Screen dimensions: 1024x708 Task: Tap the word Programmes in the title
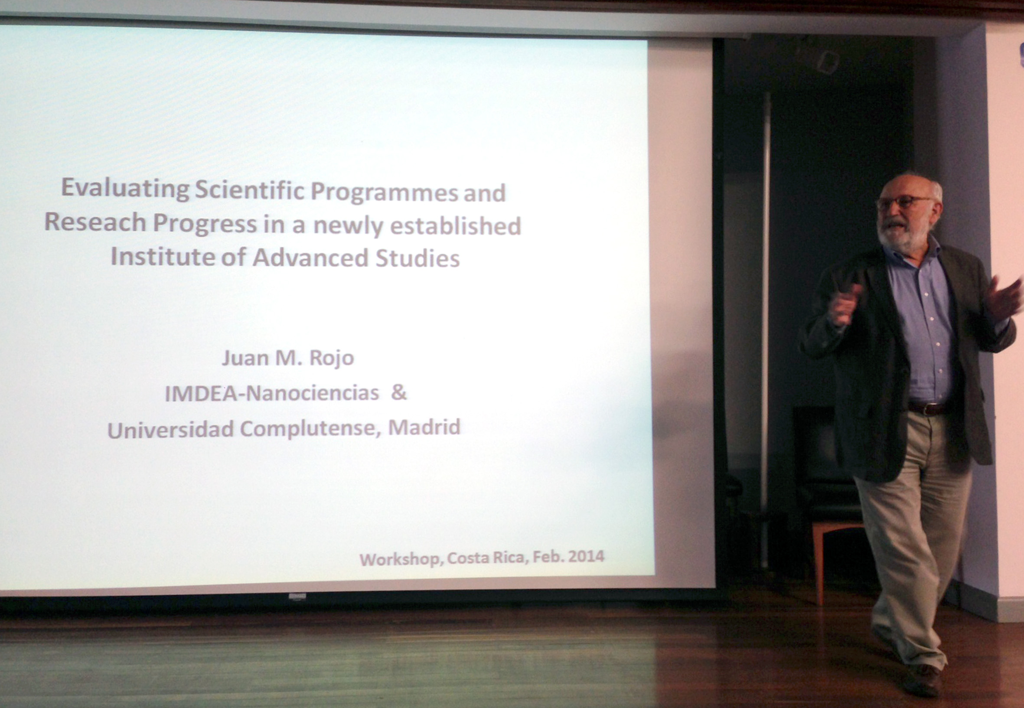tap(384, 193)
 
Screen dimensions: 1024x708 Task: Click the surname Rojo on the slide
tap(331, 358)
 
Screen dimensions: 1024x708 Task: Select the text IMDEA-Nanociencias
tap(272, 394)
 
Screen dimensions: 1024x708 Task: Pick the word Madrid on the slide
tap(424, 427)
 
